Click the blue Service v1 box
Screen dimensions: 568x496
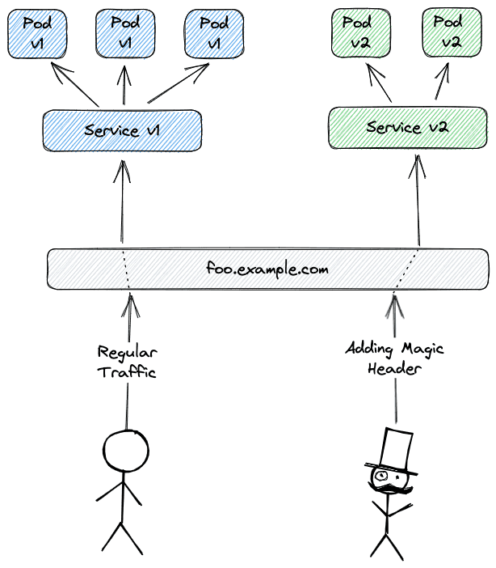coord(121,130)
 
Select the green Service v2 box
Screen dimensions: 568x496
coord(408,128)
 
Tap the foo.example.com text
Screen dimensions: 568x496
coord(267,269)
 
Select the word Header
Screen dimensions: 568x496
coord(395,368)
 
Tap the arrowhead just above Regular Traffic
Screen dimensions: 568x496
coord(128,306)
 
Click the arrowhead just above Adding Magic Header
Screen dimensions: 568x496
coord(394,306)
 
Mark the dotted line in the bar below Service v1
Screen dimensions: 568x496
coord(125,269)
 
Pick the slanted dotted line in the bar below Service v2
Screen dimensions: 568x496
coord(406,269)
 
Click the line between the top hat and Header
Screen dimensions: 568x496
coord(396,401)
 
